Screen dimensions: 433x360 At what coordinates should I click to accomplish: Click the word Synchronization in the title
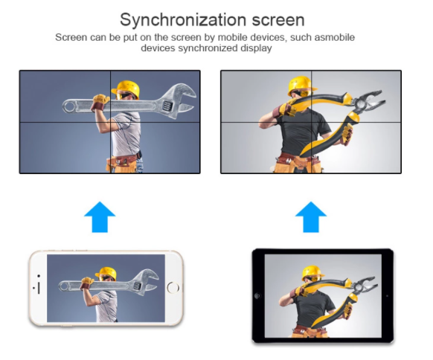pyautogui.click(x=183, y=20)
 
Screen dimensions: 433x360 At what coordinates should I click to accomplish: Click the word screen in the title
pyautogui.click(x=278, y=20)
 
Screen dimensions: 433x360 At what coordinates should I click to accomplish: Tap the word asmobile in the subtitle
pyautogui.click(x=334, y=37)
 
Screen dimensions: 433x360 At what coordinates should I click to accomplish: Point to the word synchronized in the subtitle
pyautogui.click(x=208, y=48)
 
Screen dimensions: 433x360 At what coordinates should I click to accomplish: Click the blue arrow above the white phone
pyautogui.click(x=100, y=217)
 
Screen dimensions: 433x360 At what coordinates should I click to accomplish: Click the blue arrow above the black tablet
pyautogui.click(x=311, y=217)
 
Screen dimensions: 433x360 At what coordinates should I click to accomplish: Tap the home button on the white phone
pyautogui.click(x=173, y=287)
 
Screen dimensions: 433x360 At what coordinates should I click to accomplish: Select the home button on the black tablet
pyautogui.click(x=257, y=296)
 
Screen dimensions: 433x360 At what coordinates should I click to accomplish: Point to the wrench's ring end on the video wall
pyautogui.click(x=70, y=106)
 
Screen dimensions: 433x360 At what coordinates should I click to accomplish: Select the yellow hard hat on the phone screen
pyautogui.click(x=106, y=273)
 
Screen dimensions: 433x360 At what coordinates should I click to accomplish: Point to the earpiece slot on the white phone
pyautogui.click(x=39, y=288)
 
